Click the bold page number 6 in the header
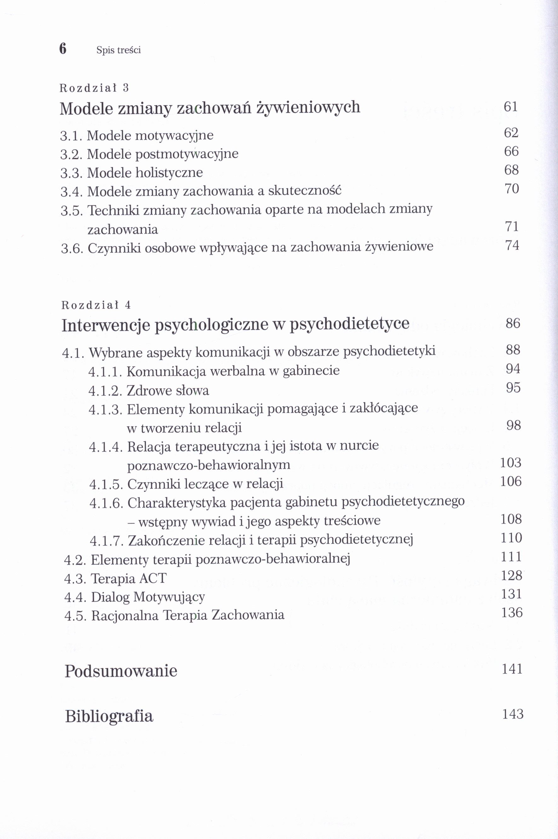point(63,49)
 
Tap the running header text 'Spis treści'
point(118,50)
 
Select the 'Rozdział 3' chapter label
point(94,88)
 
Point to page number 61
point(511,107)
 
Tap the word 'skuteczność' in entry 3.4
point(305,191)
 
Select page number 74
point(512,245)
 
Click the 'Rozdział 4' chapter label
point(96,305)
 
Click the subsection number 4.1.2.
point(105,391)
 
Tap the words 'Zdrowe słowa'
point(168,391)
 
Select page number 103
point(511,462)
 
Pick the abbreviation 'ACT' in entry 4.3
point(153,578)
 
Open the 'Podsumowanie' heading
point(121,671)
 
